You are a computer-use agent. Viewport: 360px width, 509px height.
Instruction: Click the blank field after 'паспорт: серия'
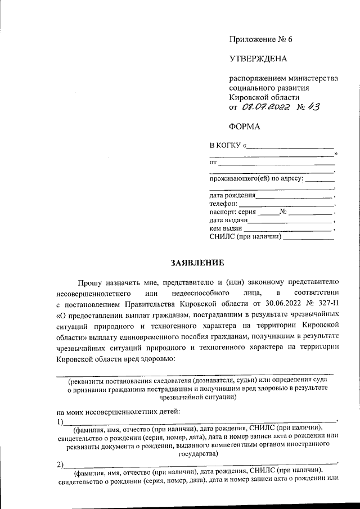click(x=268, y=214)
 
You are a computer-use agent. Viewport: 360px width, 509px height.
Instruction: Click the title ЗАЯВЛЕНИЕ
click(x=197, y=263)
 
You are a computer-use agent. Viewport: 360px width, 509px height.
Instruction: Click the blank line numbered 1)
click(x=200, y=420)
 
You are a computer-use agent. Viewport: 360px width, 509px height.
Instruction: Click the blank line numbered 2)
click(x=200, y=465)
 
